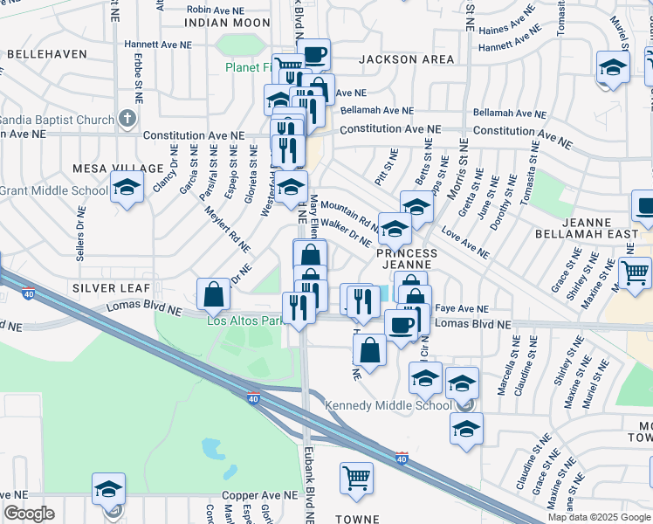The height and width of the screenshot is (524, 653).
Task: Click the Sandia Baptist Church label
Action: point(57,120)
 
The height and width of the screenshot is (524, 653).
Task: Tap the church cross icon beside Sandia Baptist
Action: point(127,118)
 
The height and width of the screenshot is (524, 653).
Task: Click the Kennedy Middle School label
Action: point(389,405)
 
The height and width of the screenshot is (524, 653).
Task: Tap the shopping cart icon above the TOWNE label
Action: point(356,477)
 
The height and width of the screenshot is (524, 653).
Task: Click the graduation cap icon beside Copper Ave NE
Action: point(109,488)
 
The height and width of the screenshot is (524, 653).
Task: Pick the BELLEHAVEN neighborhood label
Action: point(47,54)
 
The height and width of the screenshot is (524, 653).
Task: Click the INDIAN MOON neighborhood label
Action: point(229,22)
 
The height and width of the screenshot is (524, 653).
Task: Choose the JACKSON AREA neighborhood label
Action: point(406,59)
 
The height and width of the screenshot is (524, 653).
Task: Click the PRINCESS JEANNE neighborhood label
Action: point(405,258)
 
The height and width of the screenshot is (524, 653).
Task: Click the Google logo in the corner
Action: point(30,514)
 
